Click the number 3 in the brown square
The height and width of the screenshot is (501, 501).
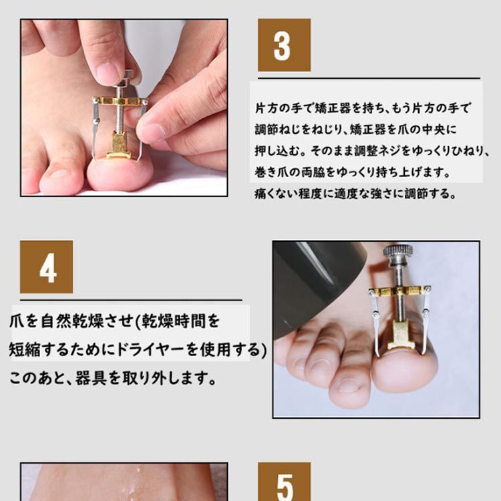click(284, 45)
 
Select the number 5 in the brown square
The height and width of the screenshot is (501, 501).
click(284, 486)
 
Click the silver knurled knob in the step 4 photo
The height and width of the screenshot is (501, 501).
click(397, 252)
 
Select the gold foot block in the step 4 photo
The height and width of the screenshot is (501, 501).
click(399, 333)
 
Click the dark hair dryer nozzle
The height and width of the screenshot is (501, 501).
click(307, 281)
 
